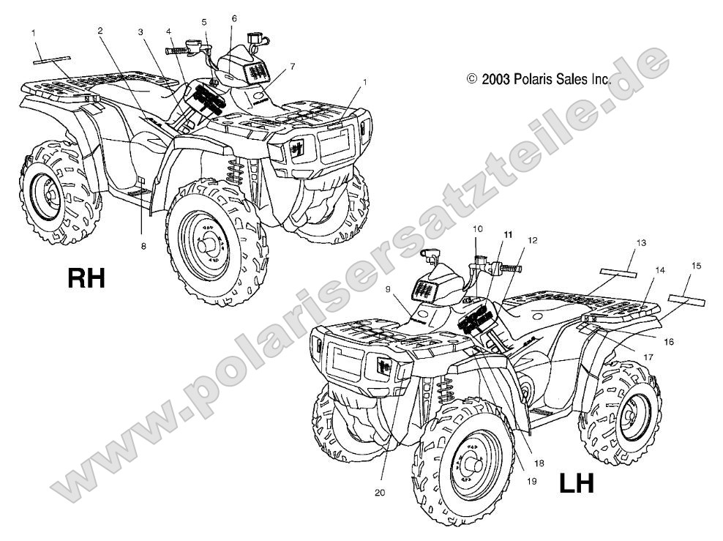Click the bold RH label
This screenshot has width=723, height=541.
click(x=86, y=277)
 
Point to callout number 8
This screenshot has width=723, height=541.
click(x=143, y=246)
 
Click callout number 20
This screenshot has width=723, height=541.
click(x=379, y=493)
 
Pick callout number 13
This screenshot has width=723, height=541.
click(x=641, y=242)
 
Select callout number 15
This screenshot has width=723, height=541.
click(x=696, y=266)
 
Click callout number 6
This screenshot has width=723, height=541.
click(x=234, y=18)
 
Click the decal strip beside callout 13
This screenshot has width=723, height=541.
click(x=618, y=272)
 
